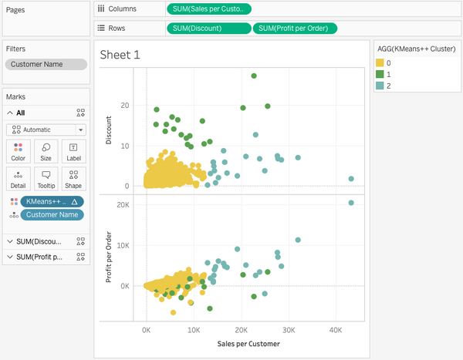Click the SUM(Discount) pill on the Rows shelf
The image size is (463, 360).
[208, 29]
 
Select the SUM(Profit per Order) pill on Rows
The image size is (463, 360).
[295, 29]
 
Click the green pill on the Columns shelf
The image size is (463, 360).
[208, 9]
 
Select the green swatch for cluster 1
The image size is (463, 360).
[380, 73]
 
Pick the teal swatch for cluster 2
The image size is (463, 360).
[380, 86]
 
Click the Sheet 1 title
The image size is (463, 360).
[120, 55]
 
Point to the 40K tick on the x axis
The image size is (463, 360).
[335, 329]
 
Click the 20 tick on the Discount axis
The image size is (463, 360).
[123, 106]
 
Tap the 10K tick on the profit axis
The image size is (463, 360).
[121, 245]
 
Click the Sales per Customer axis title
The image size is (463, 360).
[248, 343]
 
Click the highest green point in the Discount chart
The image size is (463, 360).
[254, 76]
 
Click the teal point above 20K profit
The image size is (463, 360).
[351, 203]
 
